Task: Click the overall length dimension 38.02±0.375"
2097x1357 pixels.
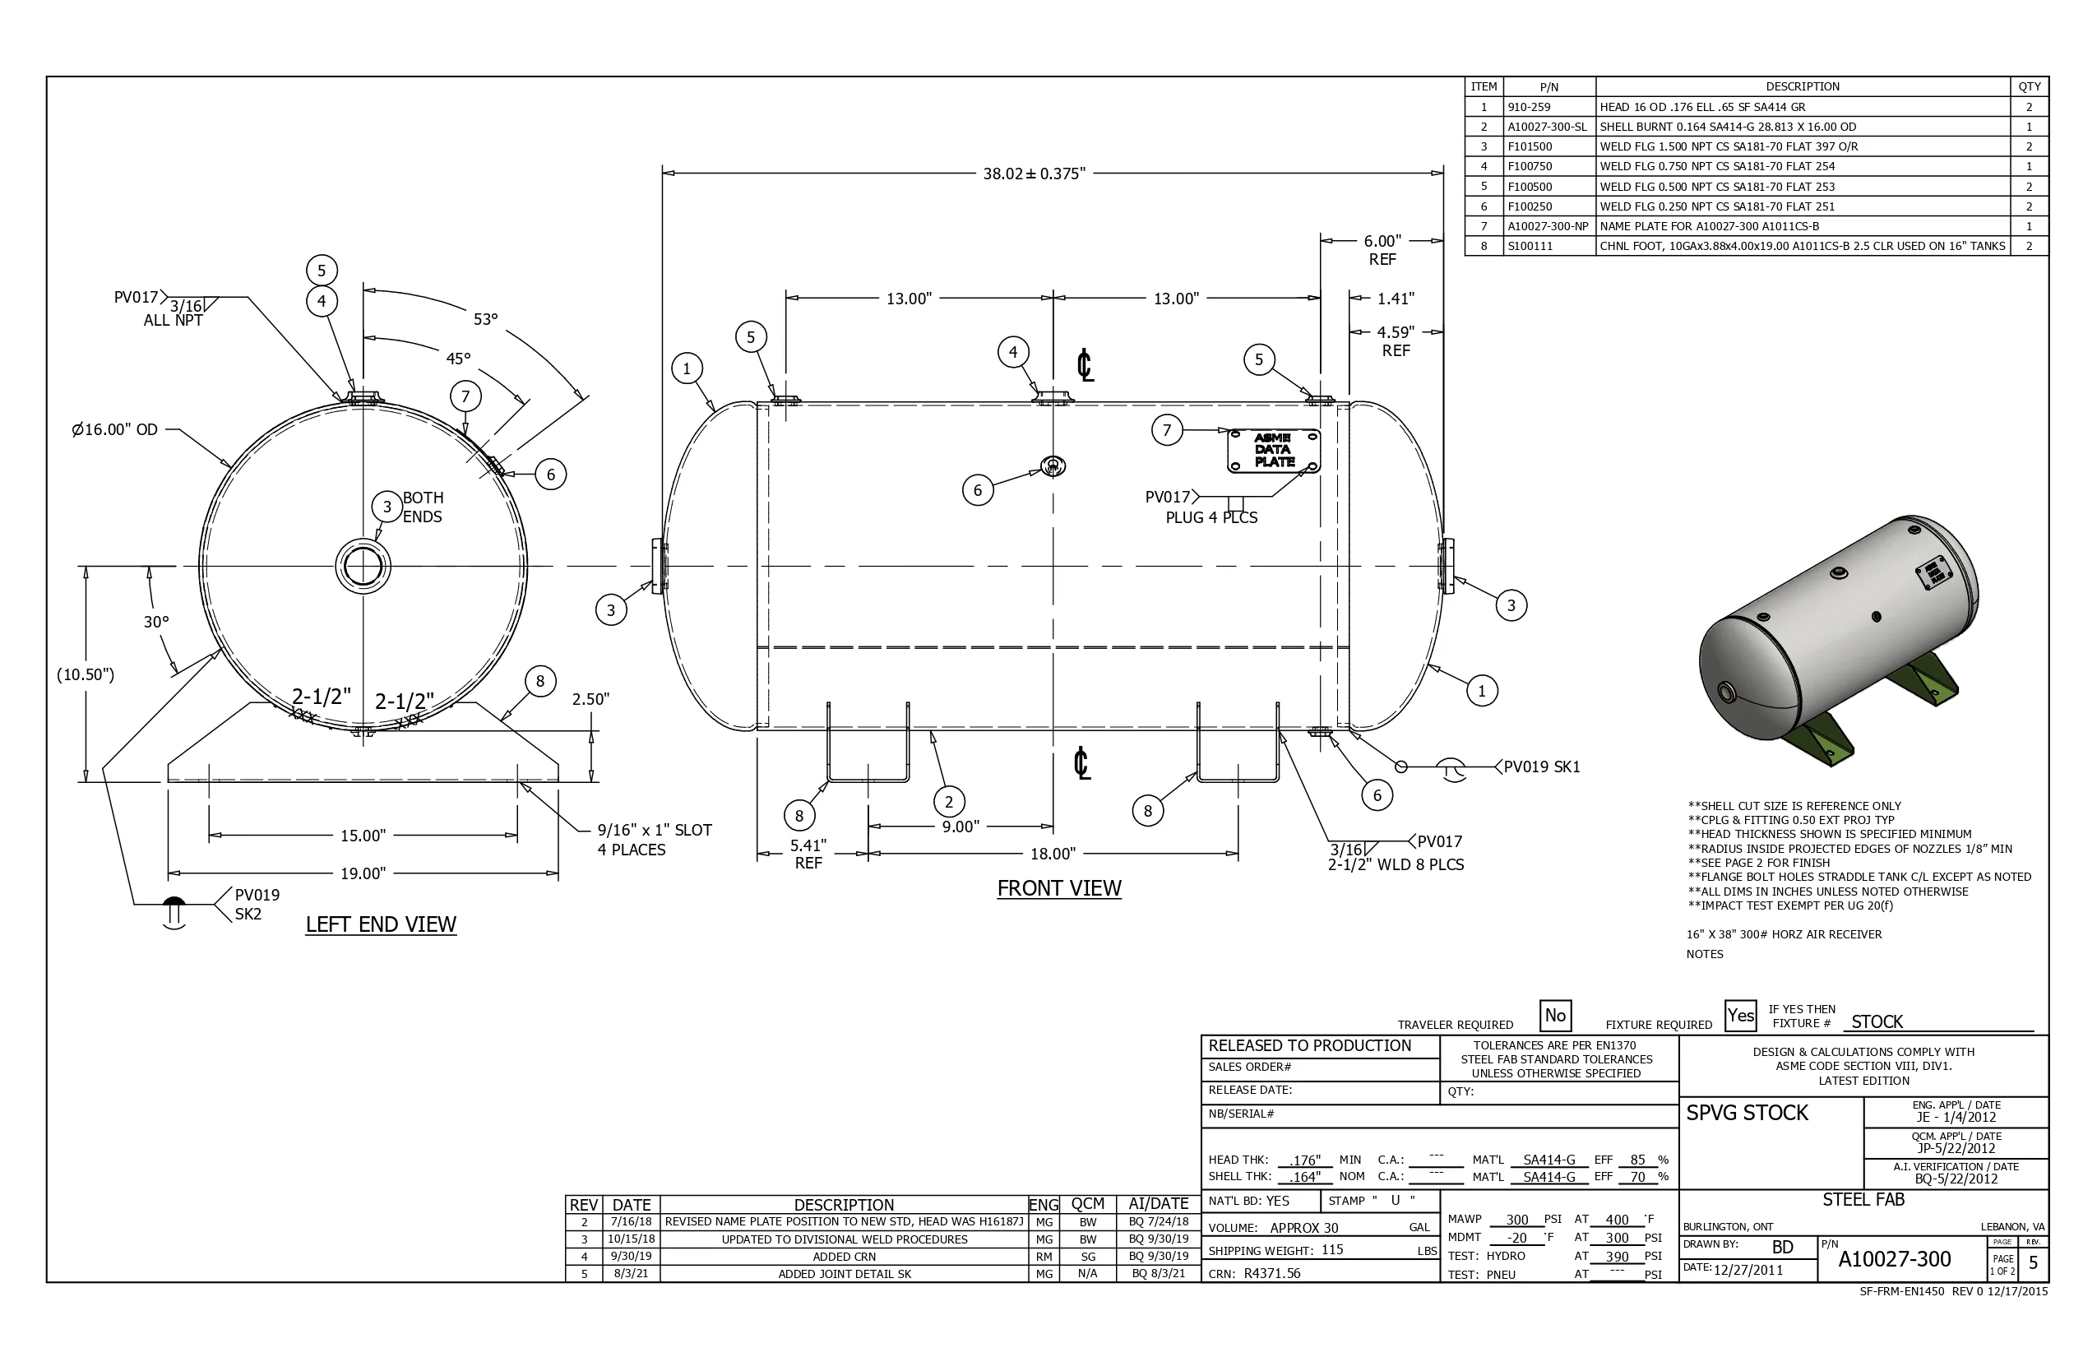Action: [1034, 174]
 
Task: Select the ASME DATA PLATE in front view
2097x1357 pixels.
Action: [1273, 451]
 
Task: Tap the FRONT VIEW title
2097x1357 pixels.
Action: [1058, 888]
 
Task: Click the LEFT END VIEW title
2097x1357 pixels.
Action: [381, 924]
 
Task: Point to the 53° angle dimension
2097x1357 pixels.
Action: [485, 319]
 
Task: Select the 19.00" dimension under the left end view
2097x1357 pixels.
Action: [363, 873]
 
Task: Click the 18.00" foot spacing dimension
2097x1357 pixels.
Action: [1053, 853]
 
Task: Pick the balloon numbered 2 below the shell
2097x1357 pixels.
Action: [948, 802]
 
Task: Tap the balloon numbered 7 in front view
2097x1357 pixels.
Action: [1167, 430]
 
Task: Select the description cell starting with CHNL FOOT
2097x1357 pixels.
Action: [1802, 246]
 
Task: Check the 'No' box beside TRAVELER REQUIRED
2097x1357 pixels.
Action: [1555, 1015]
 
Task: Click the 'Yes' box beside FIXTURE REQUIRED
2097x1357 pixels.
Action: [1740, 1015]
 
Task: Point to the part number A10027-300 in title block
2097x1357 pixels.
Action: [1895, 1259]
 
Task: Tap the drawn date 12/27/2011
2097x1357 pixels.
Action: [1747, 1270]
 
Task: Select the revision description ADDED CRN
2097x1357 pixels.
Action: [843, 1257]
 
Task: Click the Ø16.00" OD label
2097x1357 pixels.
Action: [114, 429]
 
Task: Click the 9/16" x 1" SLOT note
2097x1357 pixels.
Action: [654, 830]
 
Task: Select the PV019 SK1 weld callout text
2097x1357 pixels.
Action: [1541, 766]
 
